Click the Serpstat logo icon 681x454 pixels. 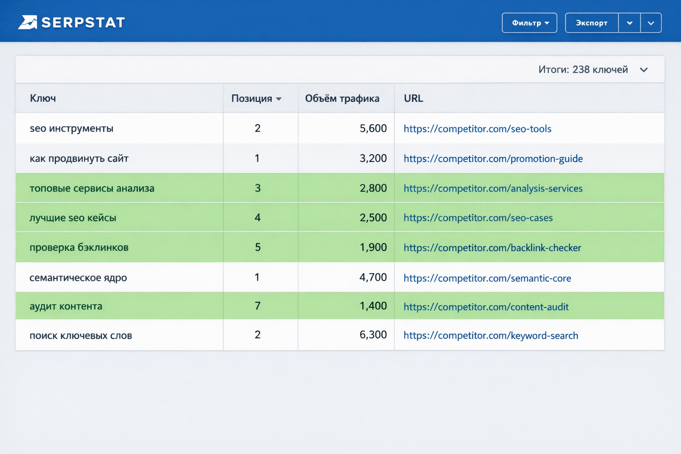click(x=27, y=22)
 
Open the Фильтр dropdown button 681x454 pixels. click(x=529, y=23)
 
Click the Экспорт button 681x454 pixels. click(x=591, y=23)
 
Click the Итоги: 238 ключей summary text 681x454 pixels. click(x=583, y=70)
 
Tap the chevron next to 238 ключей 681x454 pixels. click(x=644, y=70)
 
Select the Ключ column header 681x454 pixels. click(x=43, y=98)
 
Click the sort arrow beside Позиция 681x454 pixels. click(x=278, y=99)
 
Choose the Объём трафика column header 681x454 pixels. click(x=342, y=98)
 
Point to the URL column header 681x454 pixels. click(x=413, y=98)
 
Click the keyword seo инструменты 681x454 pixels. click(x=71, y=128)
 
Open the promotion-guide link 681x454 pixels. click(x=493, y=158)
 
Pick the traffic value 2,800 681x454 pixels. click(x=373, y=188)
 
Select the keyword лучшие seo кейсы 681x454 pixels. click(x=73, y=218)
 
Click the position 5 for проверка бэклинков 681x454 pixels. click(x=258, y=247)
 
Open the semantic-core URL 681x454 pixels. click(x=487, y=278)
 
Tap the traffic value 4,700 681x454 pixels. click(x=373, y=278)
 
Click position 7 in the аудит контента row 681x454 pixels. click(x=258, y=305)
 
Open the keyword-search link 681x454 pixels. click(x=491, y=336)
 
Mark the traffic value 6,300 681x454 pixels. click(x=373, y=334)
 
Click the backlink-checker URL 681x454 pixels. click(x=492, y=247)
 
